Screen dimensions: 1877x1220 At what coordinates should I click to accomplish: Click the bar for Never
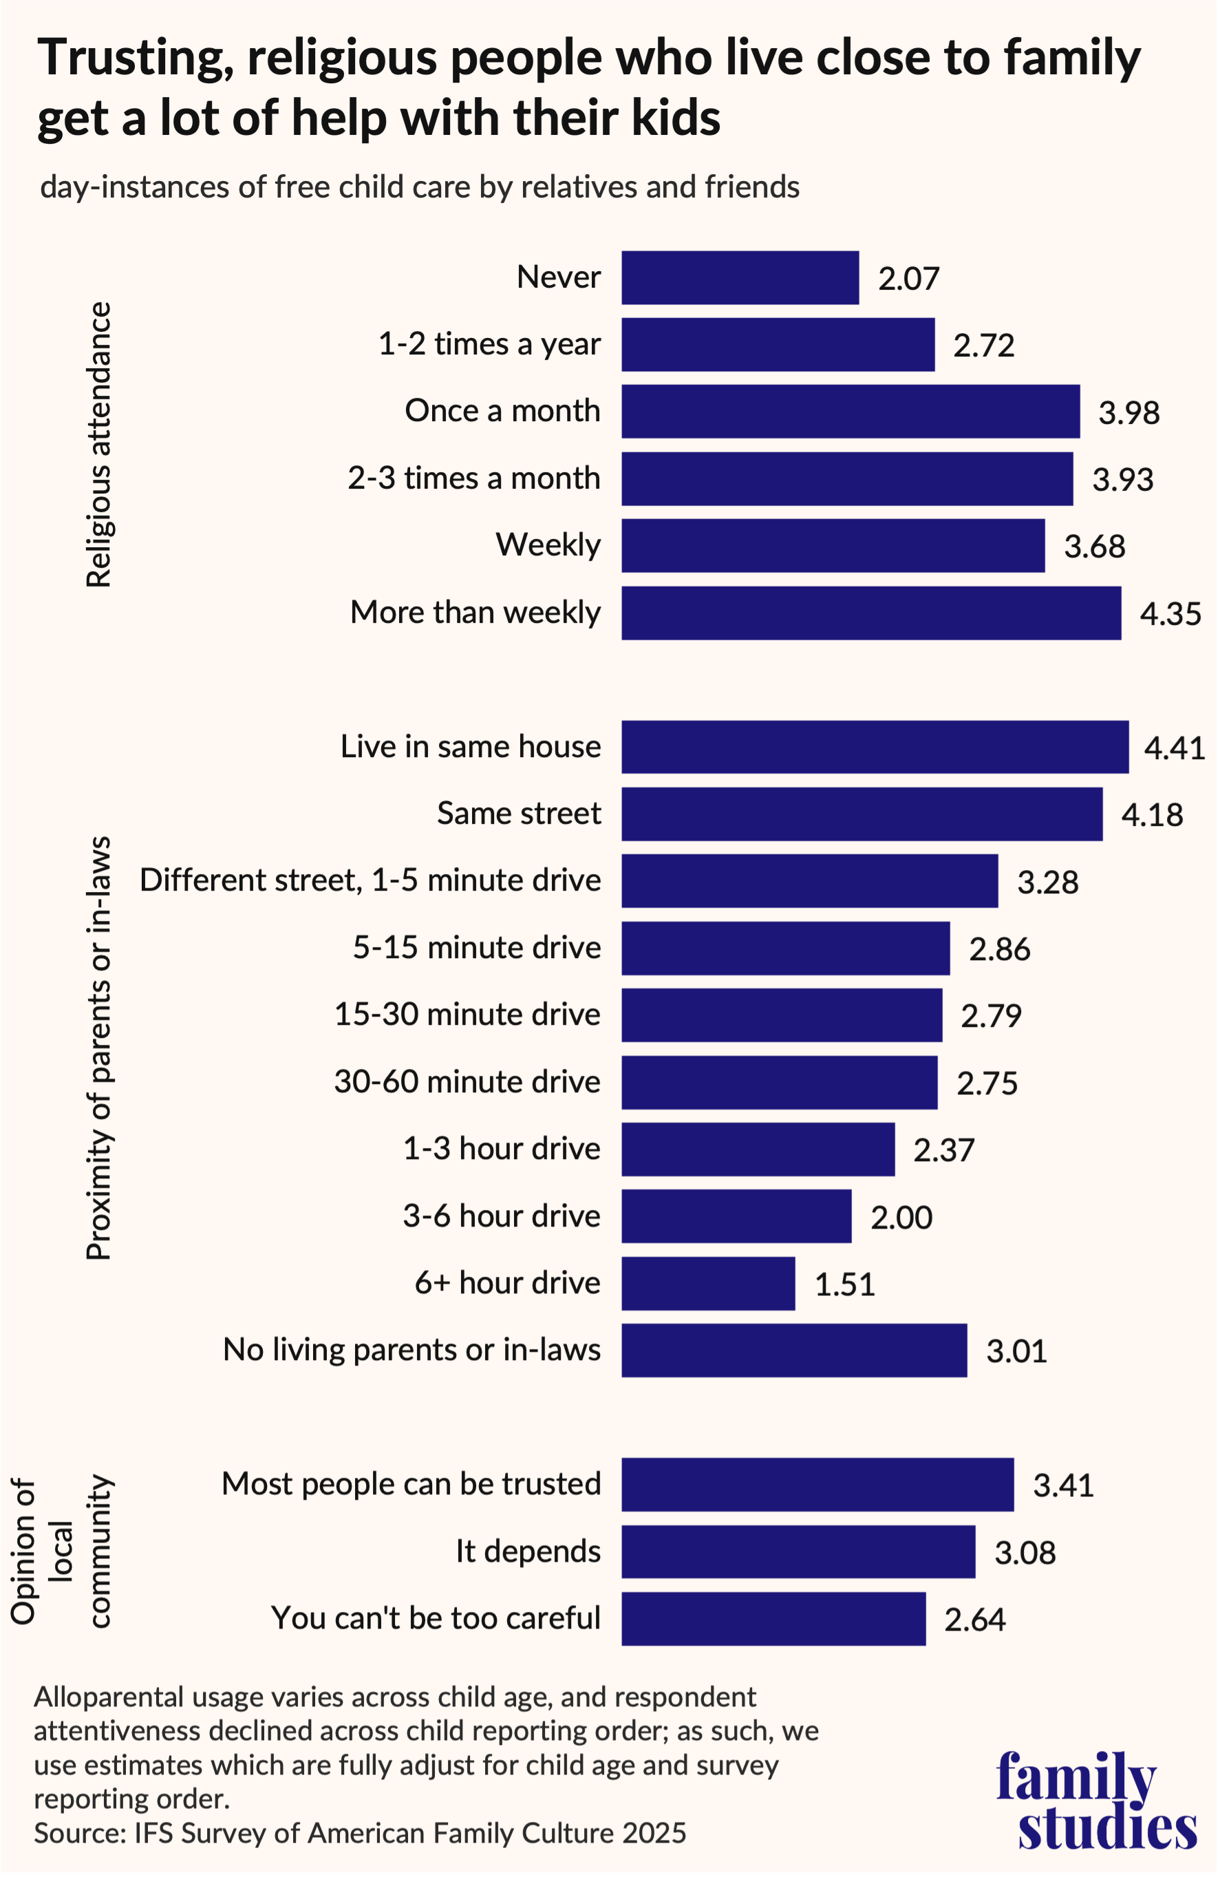tap(740, 277)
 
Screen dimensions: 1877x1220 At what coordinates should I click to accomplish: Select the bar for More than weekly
tap(870, 613)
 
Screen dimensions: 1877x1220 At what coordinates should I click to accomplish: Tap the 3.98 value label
tap(1128, 412)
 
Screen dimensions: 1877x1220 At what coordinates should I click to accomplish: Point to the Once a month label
tap(502, 411)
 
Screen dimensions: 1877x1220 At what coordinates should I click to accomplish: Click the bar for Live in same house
tap(875, 747)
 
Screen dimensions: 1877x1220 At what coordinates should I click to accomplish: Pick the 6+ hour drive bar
tap(708, 1283)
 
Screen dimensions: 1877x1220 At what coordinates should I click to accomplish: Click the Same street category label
tap(519, 813)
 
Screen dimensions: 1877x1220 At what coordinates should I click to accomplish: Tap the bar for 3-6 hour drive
tap(736, 1216)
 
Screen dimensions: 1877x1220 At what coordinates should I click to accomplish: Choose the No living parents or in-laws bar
tap(794, 1350)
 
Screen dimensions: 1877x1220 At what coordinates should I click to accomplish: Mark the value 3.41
tap(1063, 1486)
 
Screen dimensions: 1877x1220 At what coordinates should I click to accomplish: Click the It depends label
tap(528, 1551)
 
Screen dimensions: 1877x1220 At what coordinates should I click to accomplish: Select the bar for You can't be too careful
tap(773, 1619)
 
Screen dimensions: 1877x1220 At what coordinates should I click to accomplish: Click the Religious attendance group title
tap(99, 444)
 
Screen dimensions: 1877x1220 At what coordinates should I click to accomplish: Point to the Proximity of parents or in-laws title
tap(99, 1049)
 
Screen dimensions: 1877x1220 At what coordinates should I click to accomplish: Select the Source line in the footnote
tap(360, 1833)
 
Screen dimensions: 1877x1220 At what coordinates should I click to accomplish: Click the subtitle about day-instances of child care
tap(420, 188)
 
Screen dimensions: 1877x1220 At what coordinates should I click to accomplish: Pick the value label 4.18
tap(1151, 815)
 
